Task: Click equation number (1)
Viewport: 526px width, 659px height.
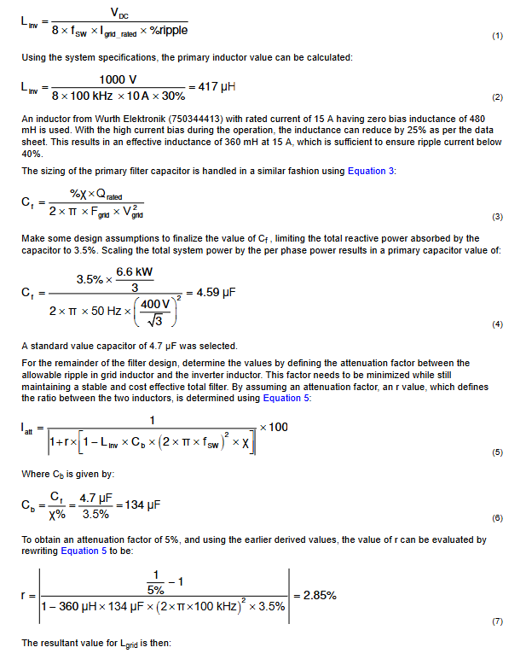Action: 498,37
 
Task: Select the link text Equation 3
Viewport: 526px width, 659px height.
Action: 371,172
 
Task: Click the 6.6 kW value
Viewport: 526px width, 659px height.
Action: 134,272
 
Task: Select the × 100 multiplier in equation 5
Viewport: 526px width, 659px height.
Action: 274,427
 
